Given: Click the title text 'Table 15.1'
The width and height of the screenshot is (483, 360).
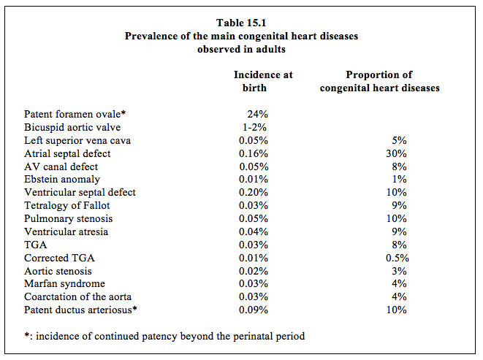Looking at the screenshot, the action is (x=241, y=23).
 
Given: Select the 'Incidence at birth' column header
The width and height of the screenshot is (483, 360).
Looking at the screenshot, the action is (x=263, y=81).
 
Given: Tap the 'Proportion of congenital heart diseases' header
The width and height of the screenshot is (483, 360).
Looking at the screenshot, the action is (x=379, y=81).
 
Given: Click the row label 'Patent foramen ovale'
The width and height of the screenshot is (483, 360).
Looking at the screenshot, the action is (x=75, y=114).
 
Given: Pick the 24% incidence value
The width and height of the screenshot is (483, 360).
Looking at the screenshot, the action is (x=257, y=114).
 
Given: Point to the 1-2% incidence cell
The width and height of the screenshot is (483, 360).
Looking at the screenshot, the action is (x=254, y=127).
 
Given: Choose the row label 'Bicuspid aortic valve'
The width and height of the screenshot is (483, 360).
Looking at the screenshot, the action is (x=72, y=127).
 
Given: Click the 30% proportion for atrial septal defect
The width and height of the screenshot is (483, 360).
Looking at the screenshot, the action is (x=397, y=153).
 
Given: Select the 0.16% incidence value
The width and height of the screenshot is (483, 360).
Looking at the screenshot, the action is (x=254, y=153).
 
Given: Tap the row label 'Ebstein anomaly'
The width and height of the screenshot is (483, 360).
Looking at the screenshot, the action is (x=62, y=179).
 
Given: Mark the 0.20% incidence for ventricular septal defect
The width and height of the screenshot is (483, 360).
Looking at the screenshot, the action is (x=254, y=192).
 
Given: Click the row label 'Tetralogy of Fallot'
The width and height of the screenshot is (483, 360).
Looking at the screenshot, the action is (x=66, y=205).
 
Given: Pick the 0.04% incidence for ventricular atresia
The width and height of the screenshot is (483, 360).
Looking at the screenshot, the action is (x=254, y=231).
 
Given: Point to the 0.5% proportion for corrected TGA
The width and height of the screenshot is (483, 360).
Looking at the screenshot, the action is (x=398, y=258).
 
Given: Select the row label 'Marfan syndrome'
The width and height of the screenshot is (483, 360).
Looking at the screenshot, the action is (x=65, y=283).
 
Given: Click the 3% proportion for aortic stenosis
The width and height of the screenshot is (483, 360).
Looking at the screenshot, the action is (x=399, y=271).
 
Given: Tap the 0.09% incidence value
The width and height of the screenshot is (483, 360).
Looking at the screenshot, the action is (x=254, y=310).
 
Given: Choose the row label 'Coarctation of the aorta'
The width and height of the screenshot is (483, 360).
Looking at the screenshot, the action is (x=78, y=296).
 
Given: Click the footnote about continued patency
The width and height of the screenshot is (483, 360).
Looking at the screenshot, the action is (x=164, y=336).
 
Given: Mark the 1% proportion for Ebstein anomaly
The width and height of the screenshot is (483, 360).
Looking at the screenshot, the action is (x=400, y=179).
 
